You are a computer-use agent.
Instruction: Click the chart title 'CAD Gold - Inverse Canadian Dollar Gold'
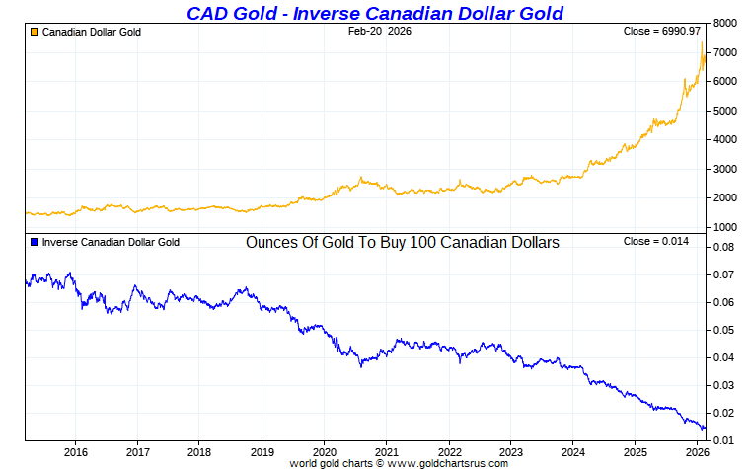tap(375, 13)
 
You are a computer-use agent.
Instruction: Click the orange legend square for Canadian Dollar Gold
tap(35, 32)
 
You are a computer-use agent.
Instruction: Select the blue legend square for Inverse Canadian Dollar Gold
tap(35, 242)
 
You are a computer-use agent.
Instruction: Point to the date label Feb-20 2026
tap(380, 32)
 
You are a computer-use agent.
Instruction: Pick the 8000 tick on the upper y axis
tap(726, 23)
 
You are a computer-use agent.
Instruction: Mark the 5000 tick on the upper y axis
tap(726, 111)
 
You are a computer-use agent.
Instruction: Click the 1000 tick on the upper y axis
tap(726, 227)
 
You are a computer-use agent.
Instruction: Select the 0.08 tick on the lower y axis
tap(724, 247)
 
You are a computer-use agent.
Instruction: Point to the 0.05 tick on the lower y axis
tap(724, 330)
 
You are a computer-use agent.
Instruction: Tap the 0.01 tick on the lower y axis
tap(724, 440)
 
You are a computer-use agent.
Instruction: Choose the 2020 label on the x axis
tap(324, 452)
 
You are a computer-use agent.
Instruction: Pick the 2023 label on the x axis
tap(511, 452)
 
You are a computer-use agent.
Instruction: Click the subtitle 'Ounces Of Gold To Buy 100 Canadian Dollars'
tap(403, 242)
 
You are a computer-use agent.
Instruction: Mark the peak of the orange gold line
tap(702, 42)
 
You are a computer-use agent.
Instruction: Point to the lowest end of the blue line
tap(704, 430)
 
